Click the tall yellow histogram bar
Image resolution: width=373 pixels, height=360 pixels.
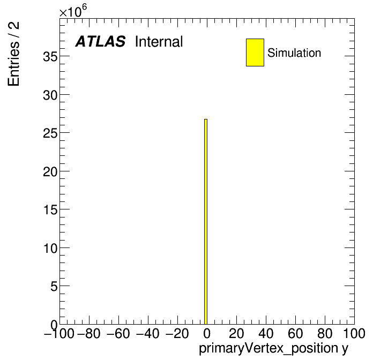(206, 222)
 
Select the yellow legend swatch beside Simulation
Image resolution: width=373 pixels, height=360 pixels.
(255, 52)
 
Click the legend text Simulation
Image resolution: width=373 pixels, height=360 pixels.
(294, 53)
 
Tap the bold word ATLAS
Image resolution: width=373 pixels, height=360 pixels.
(100, 41)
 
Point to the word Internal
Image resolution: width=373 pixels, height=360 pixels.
(159, 42)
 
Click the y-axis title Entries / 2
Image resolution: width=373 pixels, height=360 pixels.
(13, 54)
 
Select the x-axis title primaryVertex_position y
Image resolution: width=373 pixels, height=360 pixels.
(273, 349)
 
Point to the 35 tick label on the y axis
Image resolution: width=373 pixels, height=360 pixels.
(50, 57)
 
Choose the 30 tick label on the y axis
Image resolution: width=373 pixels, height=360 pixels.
(50, 95)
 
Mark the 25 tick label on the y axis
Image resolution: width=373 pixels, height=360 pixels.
(50, 133)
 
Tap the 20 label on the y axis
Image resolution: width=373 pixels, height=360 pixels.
(50, 172)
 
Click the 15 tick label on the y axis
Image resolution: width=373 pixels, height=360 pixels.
(50, 210)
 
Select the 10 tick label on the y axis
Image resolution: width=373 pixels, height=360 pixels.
(50, 249)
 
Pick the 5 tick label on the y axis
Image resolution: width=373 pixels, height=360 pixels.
(54, 287)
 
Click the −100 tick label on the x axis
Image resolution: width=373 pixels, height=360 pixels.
(59, 333)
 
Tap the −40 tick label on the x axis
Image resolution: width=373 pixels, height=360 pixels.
(148, 333)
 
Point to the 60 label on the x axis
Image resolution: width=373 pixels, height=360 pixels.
(295, 333)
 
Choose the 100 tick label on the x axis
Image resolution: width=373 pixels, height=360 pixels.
(354, 333)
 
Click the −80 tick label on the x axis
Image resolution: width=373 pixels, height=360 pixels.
(89, 333)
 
